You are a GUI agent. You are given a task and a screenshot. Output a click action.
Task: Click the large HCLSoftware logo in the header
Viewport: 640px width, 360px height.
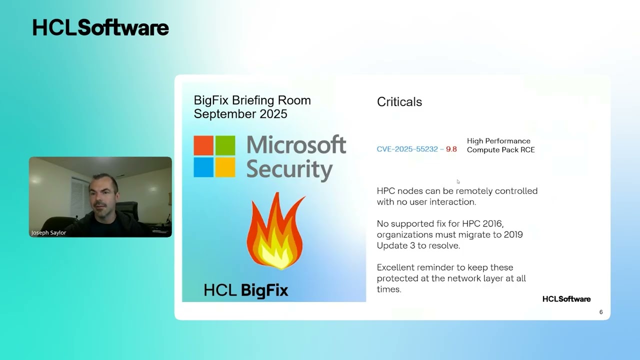coord(100,28)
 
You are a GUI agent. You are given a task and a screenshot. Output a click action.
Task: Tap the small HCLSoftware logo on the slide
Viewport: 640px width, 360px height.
coord(566,299)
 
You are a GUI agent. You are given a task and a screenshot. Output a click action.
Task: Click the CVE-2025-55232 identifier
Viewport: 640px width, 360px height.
coord(407,149)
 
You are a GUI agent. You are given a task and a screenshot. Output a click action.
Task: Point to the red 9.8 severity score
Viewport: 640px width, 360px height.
coord(451,149)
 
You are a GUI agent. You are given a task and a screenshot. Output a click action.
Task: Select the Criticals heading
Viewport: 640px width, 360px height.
coord(399,102)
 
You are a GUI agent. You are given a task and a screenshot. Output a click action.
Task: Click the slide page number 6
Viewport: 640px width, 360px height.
coord(601,312)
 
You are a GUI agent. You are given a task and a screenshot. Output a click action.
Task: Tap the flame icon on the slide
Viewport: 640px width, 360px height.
coord(274,231)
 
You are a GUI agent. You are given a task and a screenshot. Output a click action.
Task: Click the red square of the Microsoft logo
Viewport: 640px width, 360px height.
coord(203,145)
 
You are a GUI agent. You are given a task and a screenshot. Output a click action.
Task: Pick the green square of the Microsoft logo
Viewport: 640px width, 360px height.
coord(225,145)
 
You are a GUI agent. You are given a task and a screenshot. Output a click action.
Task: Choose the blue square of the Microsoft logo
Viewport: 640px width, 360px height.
coord(203,167)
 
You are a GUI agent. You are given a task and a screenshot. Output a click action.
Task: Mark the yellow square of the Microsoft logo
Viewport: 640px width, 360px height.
coord(225,167)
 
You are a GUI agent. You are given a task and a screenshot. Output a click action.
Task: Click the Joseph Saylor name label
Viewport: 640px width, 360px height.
coord(49,232)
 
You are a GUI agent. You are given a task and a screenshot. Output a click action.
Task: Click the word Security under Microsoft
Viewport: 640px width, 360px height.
coord(289,169)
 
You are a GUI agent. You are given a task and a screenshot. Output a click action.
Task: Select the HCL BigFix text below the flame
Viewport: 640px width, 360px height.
coord(246,290)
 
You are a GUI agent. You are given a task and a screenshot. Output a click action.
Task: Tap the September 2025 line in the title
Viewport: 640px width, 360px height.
coord(240,114)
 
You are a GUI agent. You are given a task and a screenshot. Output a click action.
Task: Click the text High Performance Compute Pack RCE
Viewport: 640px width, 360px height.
coord(500,145)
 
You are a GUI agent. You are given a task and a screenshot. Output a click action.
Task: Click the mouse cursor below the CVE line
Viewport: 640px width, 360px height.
coord(458,181)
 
